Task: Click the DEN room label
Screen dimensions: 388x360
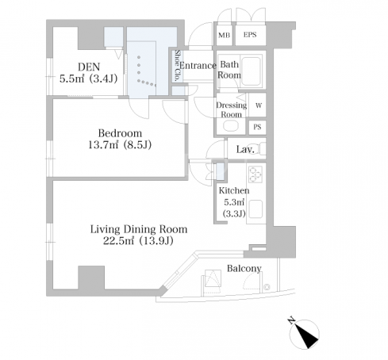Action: (89, 67)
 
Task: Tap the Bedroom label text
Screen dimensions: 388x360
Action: (120, 133)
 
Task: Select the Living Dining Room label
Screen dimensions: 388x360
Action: (139, 229)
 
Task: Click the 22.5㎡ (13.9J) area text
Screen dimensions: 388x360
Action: (138, 241)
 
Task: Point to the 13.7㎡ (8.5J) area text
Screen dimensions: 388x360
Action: (120, 145)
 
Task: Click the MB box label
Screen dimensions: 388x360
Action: (224, 35)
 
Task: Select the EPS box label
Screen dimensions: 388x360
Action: (250, 35)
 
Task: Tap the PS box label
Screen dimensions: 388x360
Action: (257, 127)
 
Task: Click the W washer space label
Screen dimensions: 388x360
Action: (259, 105)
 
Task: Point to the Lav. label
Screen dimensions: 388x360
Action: (245, 150)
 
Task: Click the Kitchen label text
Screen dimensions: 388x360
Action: (234, 190)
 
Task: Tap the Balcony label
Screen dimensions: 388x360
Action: (244, 269)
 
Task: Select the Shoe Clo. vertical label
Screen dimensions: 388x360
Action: (178, 65)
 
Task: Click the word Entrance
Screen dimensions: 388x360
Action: (198, 65)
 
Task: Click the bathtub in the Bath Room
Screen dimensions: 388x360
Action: (251, 71)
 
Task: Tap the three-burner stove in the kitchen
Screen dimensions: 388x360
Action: (255, 174)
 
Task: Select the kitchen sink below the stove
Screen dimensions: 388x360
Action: (255, 209)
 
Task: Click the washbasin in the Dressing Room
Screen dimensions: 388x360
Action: (231, 126)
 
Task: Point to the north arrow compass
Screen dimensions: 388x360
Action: (304, 334)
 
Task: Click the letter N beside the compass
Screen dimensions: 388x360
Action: (291, 320)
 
